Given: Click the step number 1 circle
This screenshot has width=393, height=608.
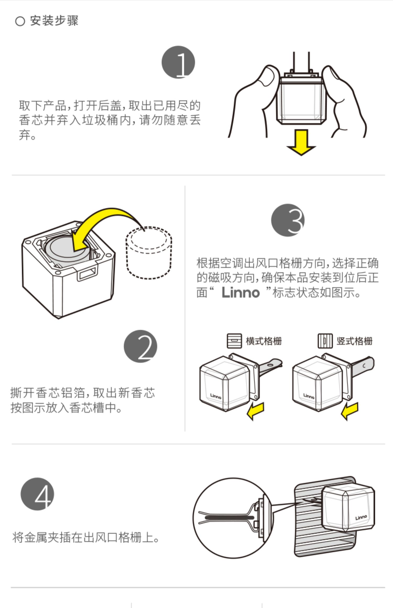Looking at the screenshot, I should click(x=178, y=62).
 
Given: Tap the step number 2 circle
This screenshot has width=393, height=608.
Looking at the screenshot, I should click(x=140, y=346).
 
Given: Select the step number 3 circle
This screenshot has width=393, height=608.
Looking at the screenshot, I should click(x=288, y=220).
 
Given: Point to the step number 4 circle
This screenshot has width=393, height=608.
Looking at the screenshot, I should click(x=37, y=494).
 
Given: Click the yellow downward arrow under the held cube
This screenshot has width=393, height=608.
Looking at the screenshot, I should click(x=301, y=143).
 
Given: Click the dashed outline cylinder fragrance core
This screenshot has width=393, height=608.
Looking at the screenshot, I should click(x=149, y=253).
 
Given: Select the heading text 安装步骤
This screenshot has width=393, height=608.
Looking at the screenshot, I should click(x=54, y=21).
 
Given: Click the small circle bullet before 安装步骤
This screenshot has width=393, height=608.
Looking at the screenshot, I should click(x=20, y=21).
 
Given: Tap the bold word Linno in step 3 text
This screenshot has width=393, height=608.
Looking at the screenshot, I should click(x=241, y=292).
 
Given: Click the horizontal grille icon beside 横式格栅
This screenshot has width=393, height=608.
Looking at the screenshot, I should click(x=234, y=341).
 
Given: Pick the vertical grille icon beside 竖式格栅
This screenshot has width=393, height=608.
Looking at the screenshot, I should click(x=325, y=341).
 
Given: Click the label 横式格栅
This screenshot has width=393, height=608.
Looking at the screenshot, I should click(x=264, y=341).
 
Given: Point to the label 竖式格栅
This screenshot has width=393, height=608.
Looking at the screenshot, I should click(x=354, y=341).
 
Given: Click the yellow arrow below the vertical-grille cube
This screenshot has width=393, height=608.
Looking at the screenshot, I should click(x=350, y=411).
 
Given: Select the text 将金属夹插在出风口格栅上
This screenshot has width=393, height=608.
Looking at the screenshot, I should click(x=85, y=538).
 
